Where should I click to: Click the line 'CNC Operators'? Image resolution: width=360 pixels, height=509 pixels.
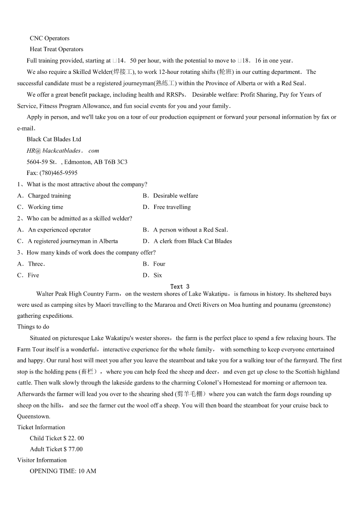(x=49, y=39)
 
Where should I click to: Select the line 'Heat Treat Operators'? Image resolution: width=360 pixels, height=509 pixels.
(x=57, y=49)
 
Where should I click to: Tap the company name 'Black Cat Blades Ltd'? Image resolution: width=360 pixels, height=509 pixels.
(x=54, y=140)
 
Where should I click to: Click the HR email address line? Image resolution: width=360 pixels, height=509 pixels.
(x=63, y=151)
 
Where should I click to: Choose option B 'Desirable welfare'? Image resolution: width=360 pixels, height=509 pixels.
(x=175, y=196)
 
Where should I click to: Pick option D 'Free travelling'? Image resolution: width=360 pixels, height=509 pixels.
(x=172, y=207)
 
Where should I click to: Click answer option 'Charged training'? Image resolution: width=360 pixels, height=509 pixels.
(x=49, y=196)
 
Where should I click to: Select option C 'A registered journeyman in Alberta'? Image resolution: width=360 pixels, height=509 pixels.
(x=73, y=241)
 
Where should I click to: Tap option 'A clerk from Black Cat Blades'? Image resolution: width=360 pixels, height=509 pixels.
(x=192, y=241)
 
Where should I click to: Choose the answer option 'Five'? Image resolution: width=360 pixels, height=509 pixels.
(x=33, y=275)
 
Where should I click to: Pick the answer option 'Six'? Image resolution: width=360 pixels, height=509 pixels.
(x=157, y=275)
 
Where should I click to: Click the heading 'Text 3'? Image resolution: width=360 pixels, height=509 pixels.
(x=180, y=286)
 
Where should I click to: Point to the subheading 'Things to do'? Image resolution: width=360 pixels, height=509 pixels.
(x=33, y=327)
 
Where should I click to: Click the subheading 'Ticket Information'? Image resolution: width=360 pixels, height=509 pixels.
(x=41, y=427)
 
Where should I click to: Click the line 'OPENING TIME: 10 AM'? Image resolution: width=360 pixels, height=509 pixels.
(x=63, y=471)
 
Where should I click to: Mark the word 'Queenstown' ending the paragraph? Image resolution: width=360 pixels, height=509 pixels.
(x=33, y=417)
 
